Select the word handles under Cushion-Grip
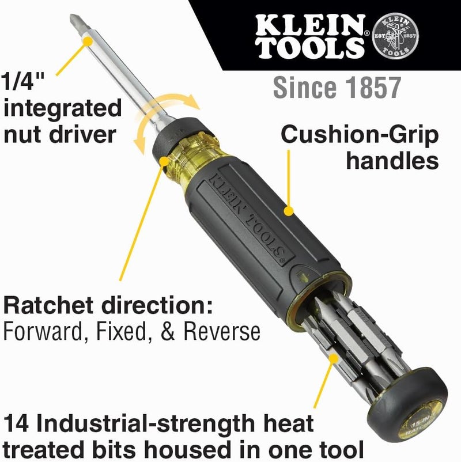[392, 161]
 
